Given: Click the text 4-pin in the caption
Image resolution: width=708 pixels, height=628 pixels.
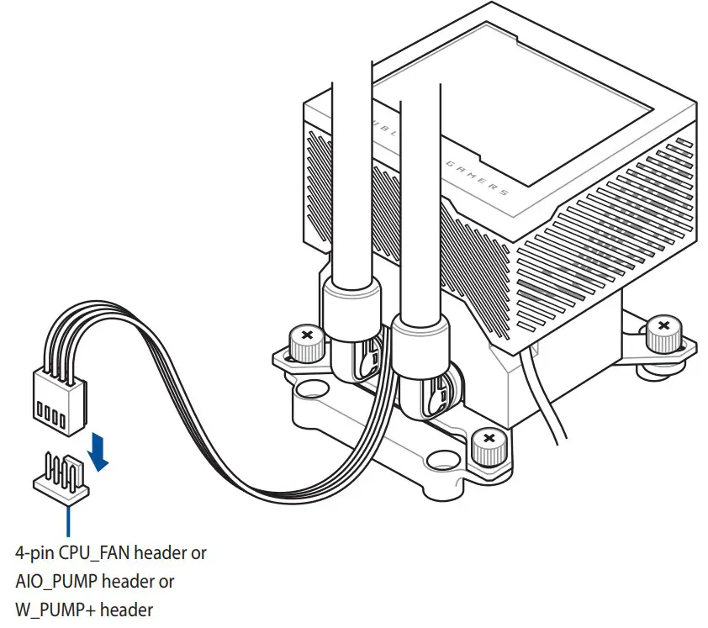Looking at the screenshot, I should click(32, 553).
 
